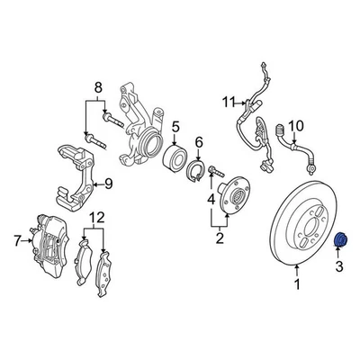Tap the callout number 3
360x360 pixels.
tap(340, 267)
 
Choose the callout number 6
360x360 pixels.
tap(200, 141)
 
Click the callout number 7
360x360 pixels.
tap(16, 239)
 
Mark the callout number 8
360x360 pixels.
tap(87, 88)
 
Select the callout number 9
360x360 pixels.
tap(107, 185)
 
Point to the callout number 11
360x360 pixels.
tap(228, 99)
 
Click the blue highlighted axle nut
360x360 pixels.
tap(341, 241)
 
